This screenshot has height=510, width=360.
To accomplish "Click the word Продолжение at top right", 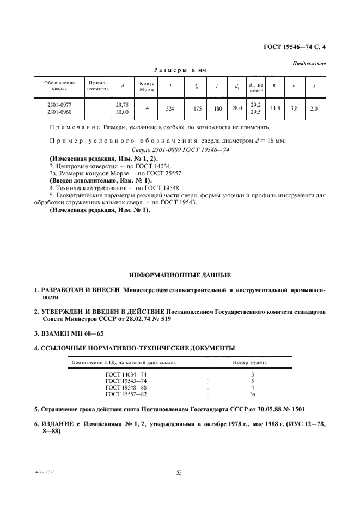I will tap(309, 64).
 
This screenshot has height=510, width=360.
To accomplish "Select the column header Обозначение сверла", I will tap(56, 86).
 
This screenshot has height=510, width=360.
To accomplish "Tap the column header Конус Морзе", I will tap(147, 86).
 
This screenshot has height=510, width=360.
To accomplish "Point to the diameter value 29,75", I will tap(122, 104).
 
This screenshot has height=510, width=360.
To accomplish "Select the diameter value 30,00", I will tap(122, 112).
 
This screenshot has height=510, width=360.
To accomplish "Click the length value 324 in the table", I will tap(170, 108).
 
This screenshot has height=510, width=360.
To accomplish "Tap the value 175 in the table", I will tap(197, 108).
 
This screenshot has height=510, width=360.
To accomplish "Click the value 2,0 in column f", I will tap(314, 108).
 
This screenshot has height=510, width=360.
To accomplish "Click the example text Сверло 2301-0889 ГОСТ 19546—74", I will tap(180, 149).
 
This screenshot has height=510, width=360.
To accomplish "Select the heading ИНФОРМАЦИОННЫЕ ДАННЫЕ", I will tap(180, 275).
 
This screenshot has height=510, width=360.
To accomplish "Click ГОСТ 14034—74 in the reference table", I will tap(126, 375).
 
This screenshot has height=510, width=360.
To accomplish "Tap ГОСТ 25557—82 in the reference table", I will tap(126, 393).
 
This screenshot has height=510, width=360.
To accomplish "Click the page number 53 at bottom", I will tap(179, 473).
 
